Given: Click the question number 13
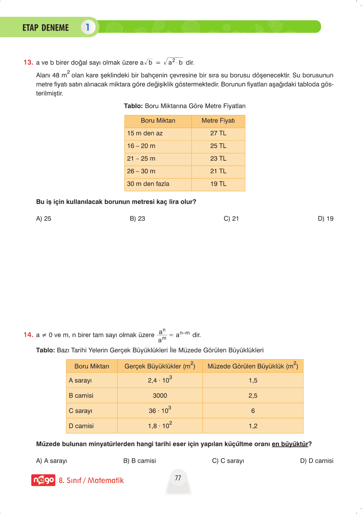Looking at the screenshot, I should [28, 62].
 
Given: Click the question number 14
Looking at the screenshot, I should [28, 335].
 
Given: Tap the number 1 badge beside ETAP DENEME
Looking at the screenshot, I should [88, 27].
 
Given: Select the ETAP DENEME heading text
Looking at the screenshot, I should [45, 28].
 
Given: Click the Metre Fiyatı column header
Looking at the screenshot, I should [218, 121].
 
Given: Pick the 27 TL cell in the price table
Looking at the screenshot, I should [218, 133].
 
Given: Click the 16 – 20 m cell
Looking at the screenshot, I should [141, 146].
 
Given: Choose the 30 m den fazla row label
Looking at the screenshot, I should [148, 184].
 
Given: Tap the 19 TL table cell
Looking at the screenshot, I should [218, 184].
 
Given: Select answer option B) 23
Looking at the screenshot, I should [137, 218].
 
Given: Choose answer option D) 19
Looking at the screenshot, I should [325, 218].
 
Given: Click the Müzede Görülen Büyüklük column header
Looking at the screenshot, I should [253, 366].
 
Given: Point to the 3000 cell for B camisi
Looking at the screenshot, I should [160, 396].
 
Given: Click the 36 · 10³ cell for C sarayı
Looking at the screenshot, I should [160, 411].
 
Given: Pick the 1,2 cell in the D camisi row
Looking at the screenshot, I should [253, 426].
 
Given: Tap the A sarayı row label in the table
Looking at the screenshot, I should [80, 380].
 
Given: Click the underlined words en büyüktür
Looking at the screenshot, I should [290, 444].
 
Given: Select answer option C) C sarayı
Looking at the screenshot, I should [228, 461].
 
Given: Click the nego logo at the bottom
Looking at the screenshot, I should [43, 480].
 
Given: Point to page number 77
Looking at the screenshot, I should [178, 478].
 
